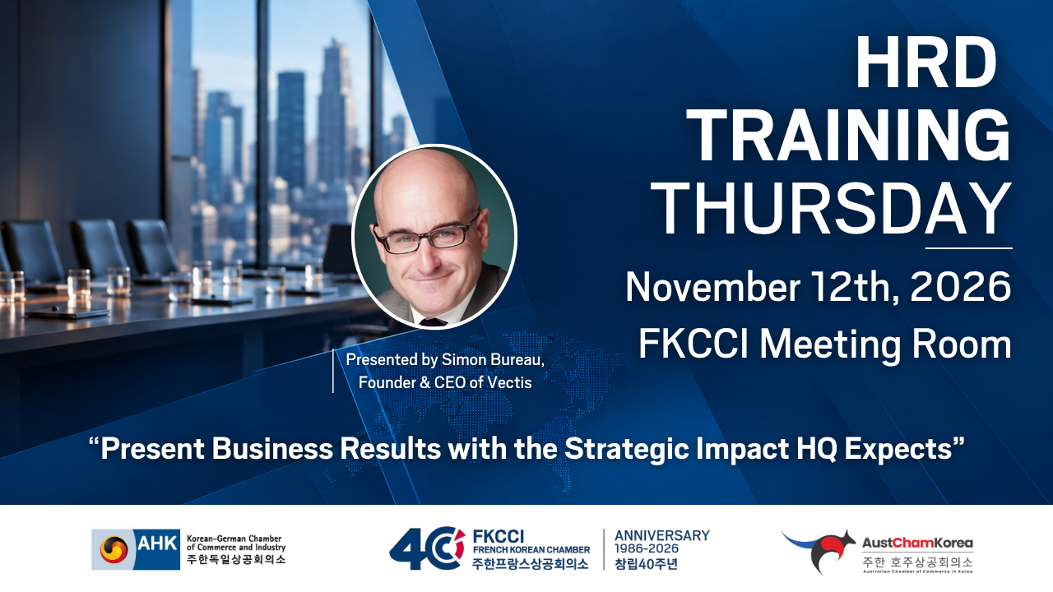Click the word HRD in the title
(x=926, y=62)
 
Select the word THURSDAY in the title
(x=831, y=209)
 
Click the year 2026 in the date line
(x=960, y=286)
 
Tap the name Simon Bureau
(x=493, y=360)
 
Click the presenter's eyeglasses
(x=426, y=235)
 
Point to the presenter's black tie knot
(x=433, y=321)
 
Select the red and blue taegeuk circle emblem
(x=114, y=550)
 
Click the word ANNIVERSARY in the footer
(x=662, y=535)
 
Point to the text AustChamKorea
(x=917, y=543)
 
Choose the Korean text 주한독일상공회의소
(x=236, y=559)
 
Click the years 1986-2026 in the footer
(x=647, y=548)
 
